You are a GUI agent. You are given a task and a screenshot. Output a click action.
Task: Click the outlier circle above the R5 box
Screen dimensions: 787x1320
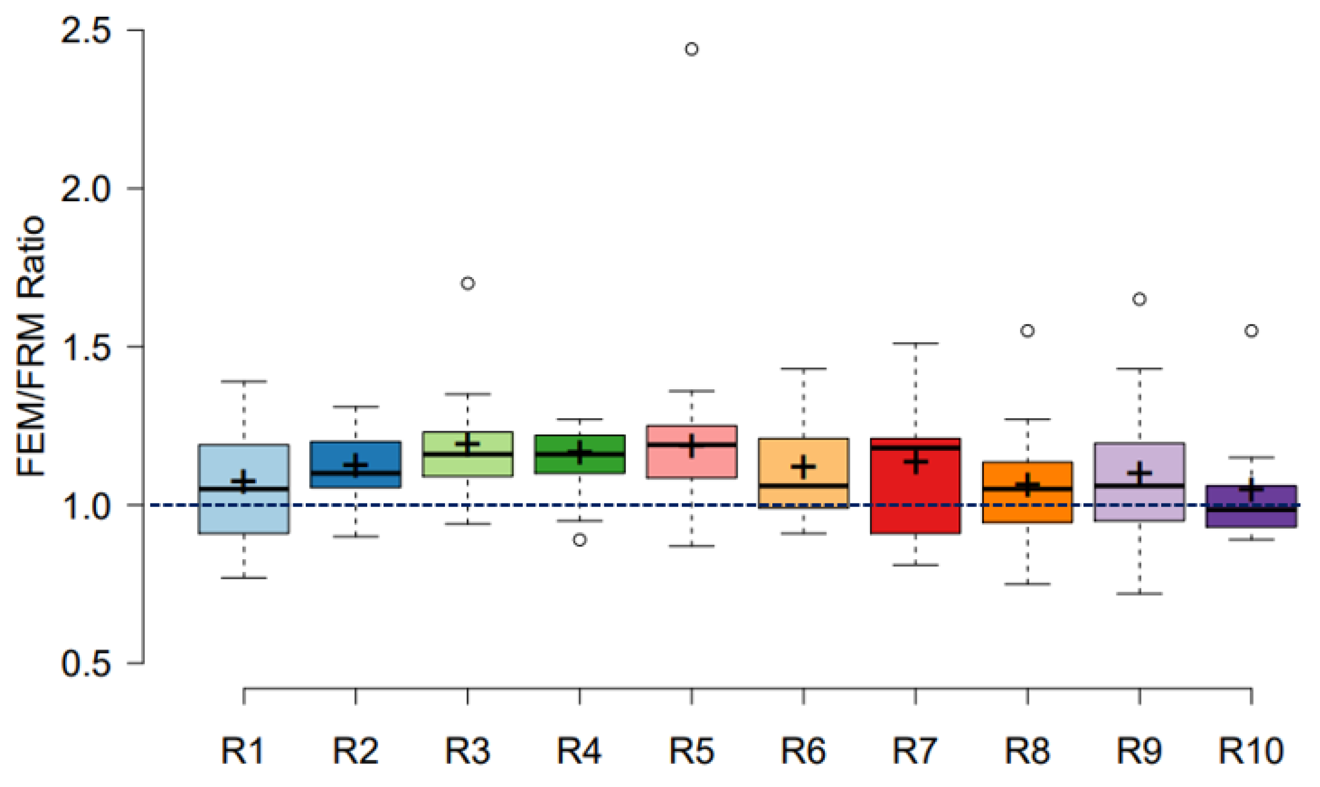[692, 49]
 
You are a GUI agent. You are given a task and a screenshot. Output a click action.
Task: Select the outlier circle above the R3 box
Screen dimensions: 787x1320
[467, 283]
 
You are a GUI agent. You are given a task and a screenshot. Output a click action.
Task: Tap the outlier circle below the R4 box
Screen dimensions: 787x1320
[580, 540]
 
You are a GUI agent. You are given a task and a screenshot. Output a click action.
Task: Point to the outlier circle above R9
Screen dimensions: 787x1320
[1139, 299]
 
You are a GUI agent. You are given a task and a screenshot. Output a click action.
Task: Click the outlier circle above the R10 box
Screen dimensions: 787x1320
[1251, 331]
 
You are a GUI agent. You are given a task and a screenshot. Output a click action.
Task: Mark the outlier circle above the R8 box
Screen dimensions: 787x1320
[1028, 331]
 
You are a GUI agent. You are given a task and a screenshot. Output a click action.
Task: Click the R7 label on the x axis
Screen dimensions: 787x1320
[915, 750]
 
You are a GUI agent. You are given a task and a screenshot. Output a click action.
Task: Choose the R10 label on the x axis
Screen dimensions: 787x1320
[1251, 750]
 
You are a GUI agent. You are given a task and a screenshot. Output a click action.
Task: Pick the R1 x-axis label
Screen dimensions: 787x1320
[243, 750]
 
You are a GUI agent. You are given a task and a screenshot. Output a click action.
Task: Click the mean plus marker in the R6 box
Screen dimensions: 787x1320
[803, 467]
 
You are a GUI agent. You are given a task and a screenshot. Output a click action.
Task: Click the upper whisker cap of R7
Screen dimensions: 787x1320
[915, 344]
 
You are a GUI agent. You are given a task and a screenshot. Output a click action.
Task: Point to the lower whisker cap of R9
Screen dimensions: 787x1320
[1139, 593]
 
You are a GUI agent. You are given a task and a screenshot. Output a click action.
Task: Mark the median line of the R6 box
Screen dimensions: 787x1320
[803, 485]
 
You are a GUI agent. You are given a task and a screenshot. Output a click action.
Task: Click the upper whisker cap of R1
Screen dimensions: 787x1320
[243, 381]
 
